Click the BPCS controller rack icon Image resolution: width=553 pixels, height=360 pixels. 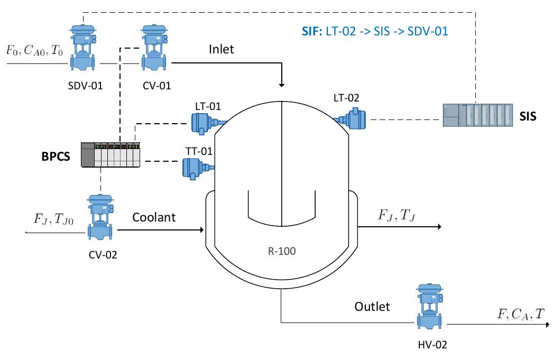point(110,154)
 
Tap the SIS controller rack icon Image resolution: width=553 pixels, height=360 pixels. point(477,114)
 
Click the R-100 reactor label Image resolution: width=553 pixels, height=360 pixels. point(281,251)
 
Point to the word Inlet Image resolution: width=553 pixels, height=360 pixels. point(221,50)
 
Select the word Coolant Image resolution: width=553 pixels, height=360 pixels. point(154,217)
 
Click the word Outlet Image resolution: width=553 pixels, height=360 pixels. point(372,307)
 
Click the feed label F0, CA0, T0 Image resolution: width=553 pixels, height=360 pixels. point(33,51)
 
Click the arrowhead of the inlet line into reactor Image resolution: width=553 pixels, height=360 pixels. point(281,85)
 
